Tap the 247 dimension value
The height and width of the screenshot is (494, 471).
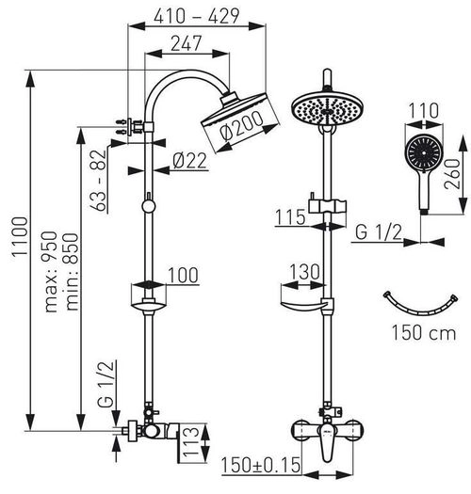coord(187,41)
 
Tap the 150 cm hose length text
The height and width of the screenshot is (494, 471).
coord(424,332)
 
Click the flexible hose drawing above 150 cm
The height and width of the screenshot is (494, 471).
coord(423,303)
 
